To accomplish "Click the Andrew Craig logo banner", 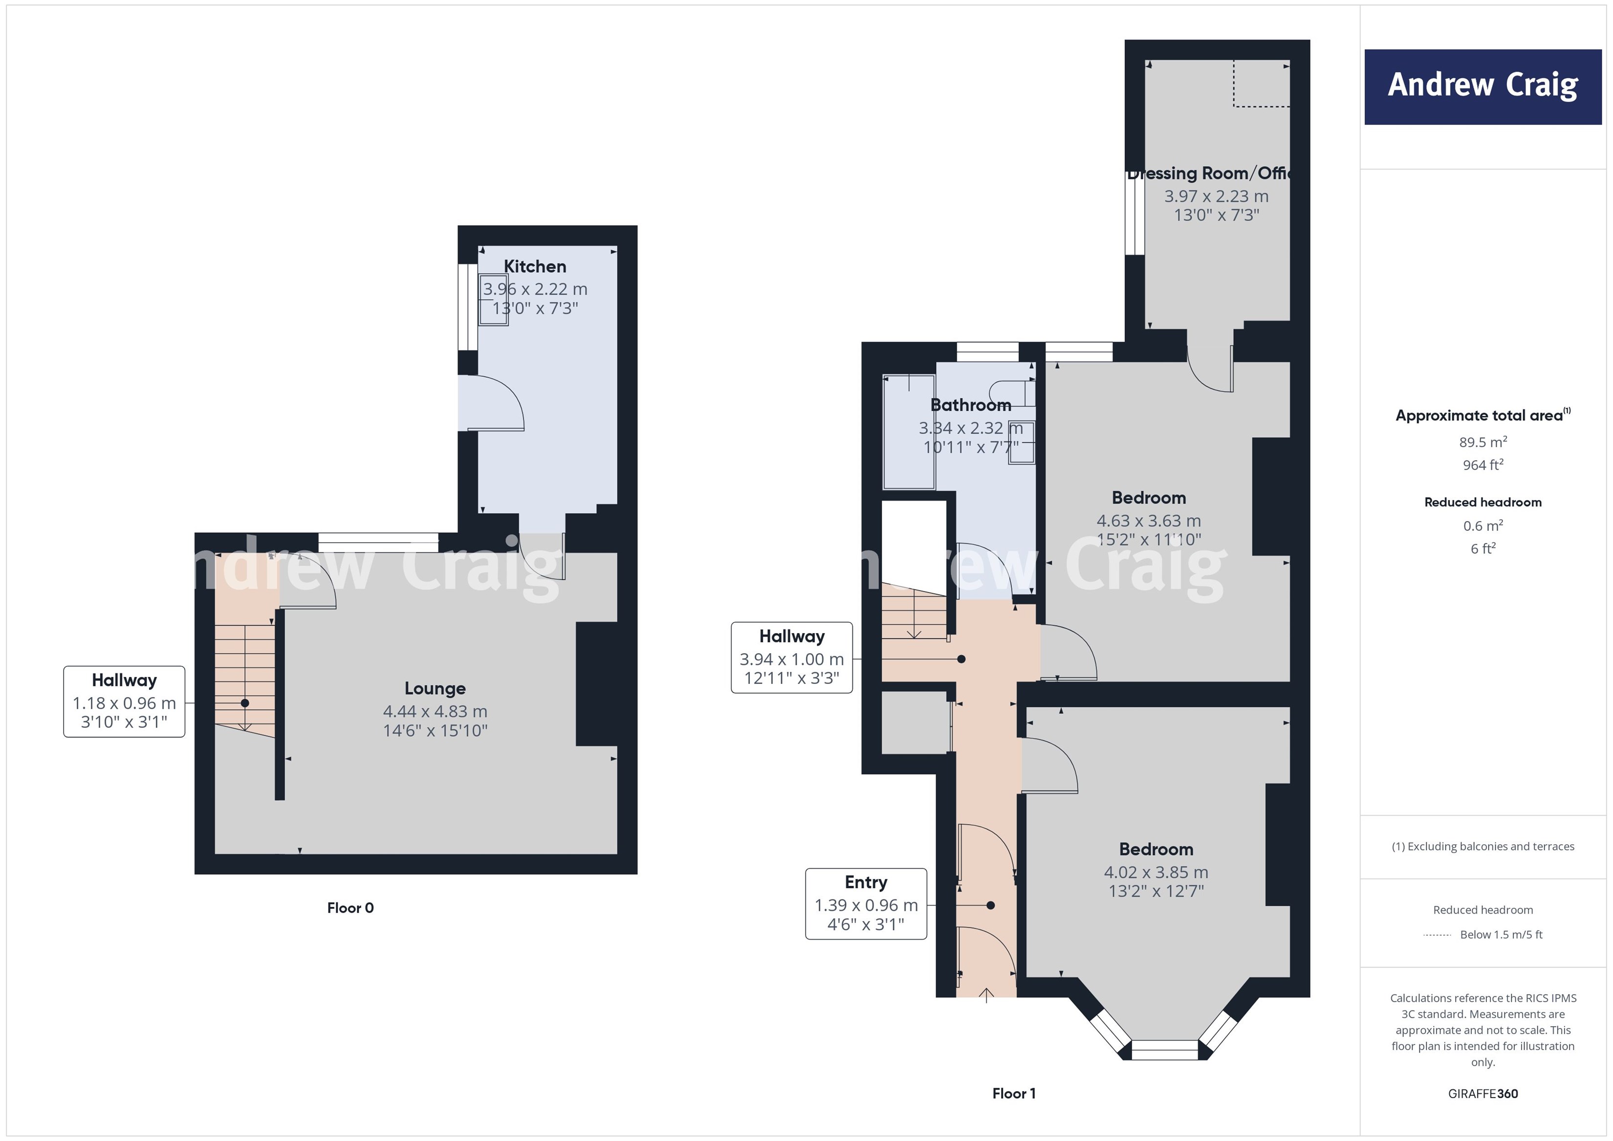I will (1482, 87).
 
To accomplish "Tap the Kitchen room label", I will (535, 266).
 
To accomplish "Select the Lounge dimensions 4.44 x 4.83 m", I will (435, 711).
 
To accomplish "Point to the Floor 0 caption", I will (350, 908).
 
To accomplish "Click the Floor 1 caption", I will (1013, 1093).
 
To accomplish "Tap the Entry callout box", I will (866, 903).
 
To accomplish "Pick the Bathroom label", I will (970, 405).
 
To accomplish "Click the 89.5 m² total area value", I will (1482, 442).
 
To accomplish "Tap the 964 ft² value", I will (1482, 465).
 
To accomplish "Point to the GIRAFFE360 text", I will (1482, 1093).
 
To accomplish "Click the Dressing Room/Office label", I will (1210, 173).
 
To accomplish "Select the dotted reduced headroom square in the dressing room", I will (1262, 84).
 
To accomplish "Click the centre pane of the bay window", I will (1164, 1050).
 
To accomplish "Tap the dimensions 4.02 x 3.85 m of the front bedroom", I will (1155, 872).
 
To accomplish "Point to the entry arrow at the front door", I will (986, 995).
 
